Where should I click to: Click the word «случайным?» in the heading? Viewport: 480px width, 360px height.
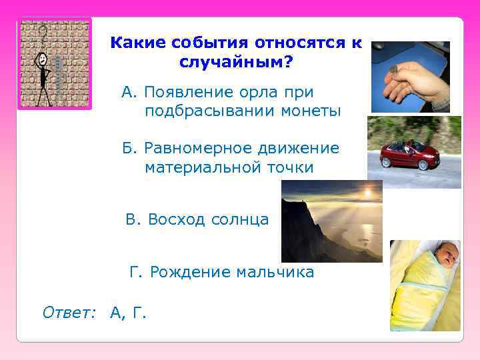[236, 63]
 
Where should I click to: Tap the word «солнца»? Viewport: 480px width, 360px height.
[241, 219]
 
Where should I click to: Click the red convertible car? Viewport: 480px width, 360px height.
[405, 156]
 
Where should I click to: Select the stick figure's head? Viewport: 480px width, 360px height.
[43, 59]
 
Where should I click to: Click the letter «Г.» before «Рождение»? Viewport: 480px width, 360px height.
[137, 272]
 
